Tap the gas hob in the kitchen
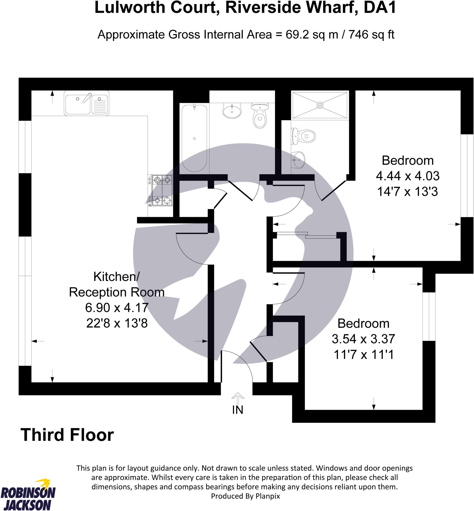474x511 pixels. point(162,190)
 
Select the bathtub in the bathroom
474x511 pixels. point(194,138)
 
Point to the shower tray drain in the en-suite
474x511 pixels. point(320,105)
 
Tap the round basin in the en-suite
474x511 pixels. point(298,160)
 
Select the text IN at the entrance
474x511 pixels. point(238,410)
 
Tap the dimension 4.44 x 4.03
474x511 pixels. point(408,176)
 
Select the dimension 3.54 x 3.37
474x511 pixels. point(363,339)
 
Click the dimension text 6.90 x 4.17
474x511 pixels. point(117,307)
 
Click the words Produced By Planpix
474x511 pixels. point(245,496)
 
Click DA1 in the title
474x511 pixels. point(379,8)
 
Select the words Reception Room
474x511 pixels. point(117,292)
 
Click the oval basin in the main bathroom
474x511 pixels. point(232,111)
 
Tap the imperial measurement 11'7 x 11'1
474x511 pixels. point(363,355)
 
